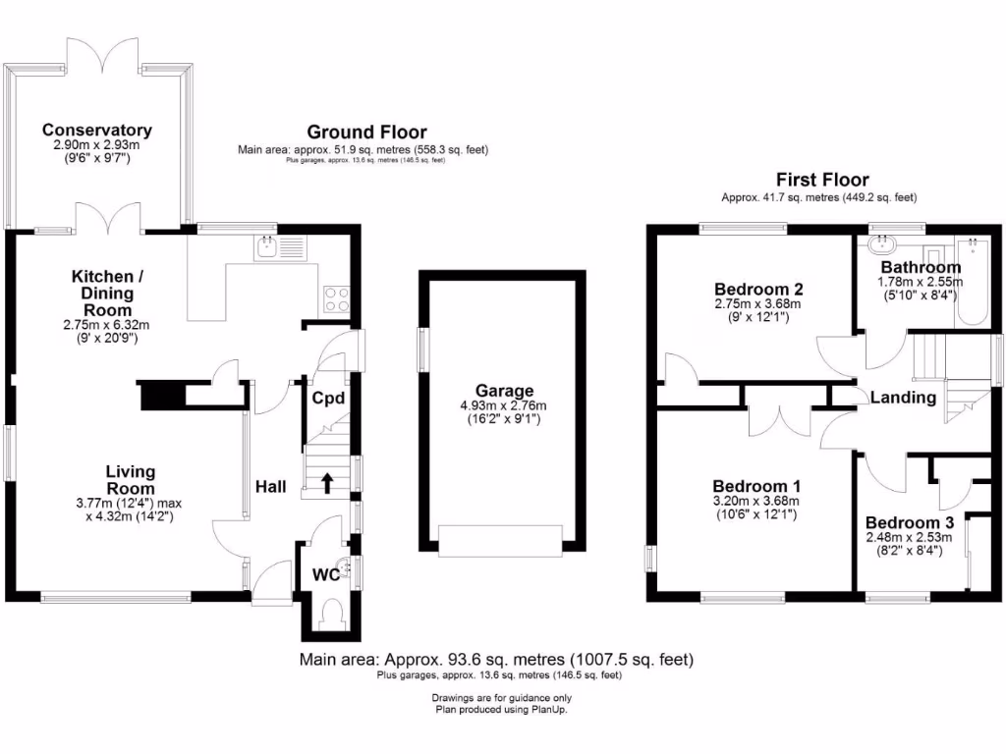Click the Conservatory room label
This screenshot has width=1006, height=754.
tap(96, 131)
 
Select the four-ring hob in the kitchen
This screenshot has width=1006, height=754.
tap(336, 297)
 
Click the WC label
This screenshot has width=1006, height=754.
tap(326, 575)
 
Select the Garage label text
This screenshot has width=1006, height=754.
tap(504, 391)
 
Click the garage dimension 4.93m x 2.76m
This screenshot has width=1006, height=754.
tap(504, 405)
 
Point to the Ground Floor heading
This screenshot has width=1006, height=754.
tap(366, 133)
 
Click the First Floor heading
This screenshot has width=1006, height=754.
tap(822, 181)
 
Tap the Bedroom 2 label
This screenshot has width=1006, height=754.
tap(758, 290)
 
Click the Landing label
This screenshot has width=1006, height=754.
tap(903, 398)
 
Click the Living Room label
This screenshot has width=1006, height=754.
tap(131, 480)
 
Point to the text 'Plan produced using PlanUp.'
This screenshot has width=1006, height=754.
tap(501, 709)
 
